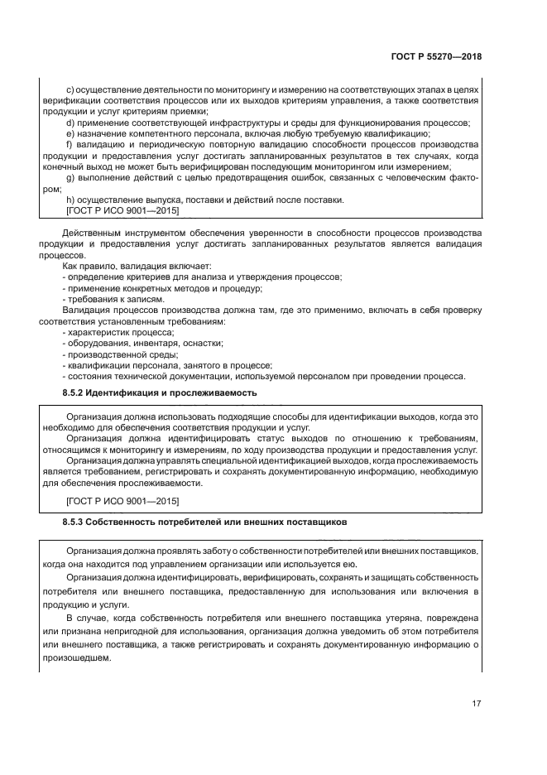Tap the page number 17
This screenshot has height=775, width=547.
click(x=476, y=704)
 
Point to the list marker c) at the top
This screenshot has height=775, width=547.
click(x=69, y=89)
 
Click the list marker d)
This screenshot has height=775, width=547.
click(x=69, y=123)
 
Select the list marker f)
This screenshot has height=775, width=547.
click(x=68, y=144)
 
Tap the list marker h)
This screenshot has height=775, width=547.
click(x=69, y=200)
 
